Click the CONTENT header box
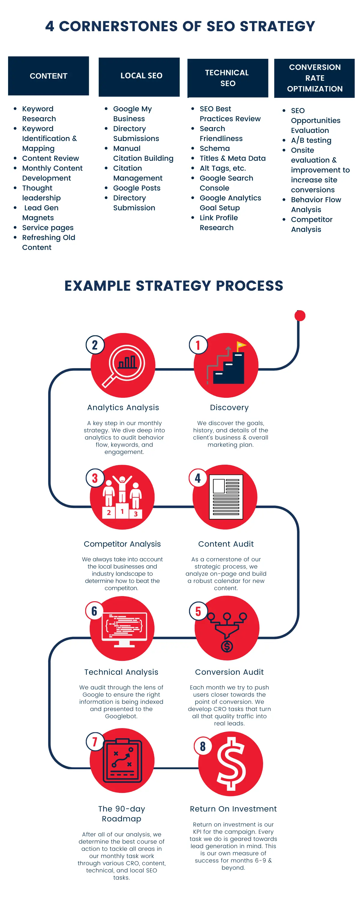click(49, 76)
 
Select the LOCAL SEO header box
click(139, 77)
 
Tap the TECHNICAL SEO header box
click(228, 78)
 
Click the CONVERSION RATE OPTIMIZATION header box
click(315, 78)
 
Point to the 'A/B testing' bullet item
click(311, 140)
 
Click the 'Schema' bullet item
click(214, 148)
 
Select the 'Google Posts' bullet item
click(137, 188)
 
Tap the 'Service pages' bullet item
click(48, 228)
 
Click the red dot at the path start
click(300, 316)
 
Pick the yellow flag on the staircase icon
click(241, 346)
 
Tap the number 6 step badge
click(94, 611)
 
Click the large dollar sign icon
click(231, 764)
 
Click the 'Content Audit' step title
click(226, 544)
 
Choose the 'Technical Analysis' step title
click(121, 672)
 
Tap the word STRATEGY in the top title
click(277, 26)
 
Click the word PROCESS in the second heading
click(250, 286)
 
